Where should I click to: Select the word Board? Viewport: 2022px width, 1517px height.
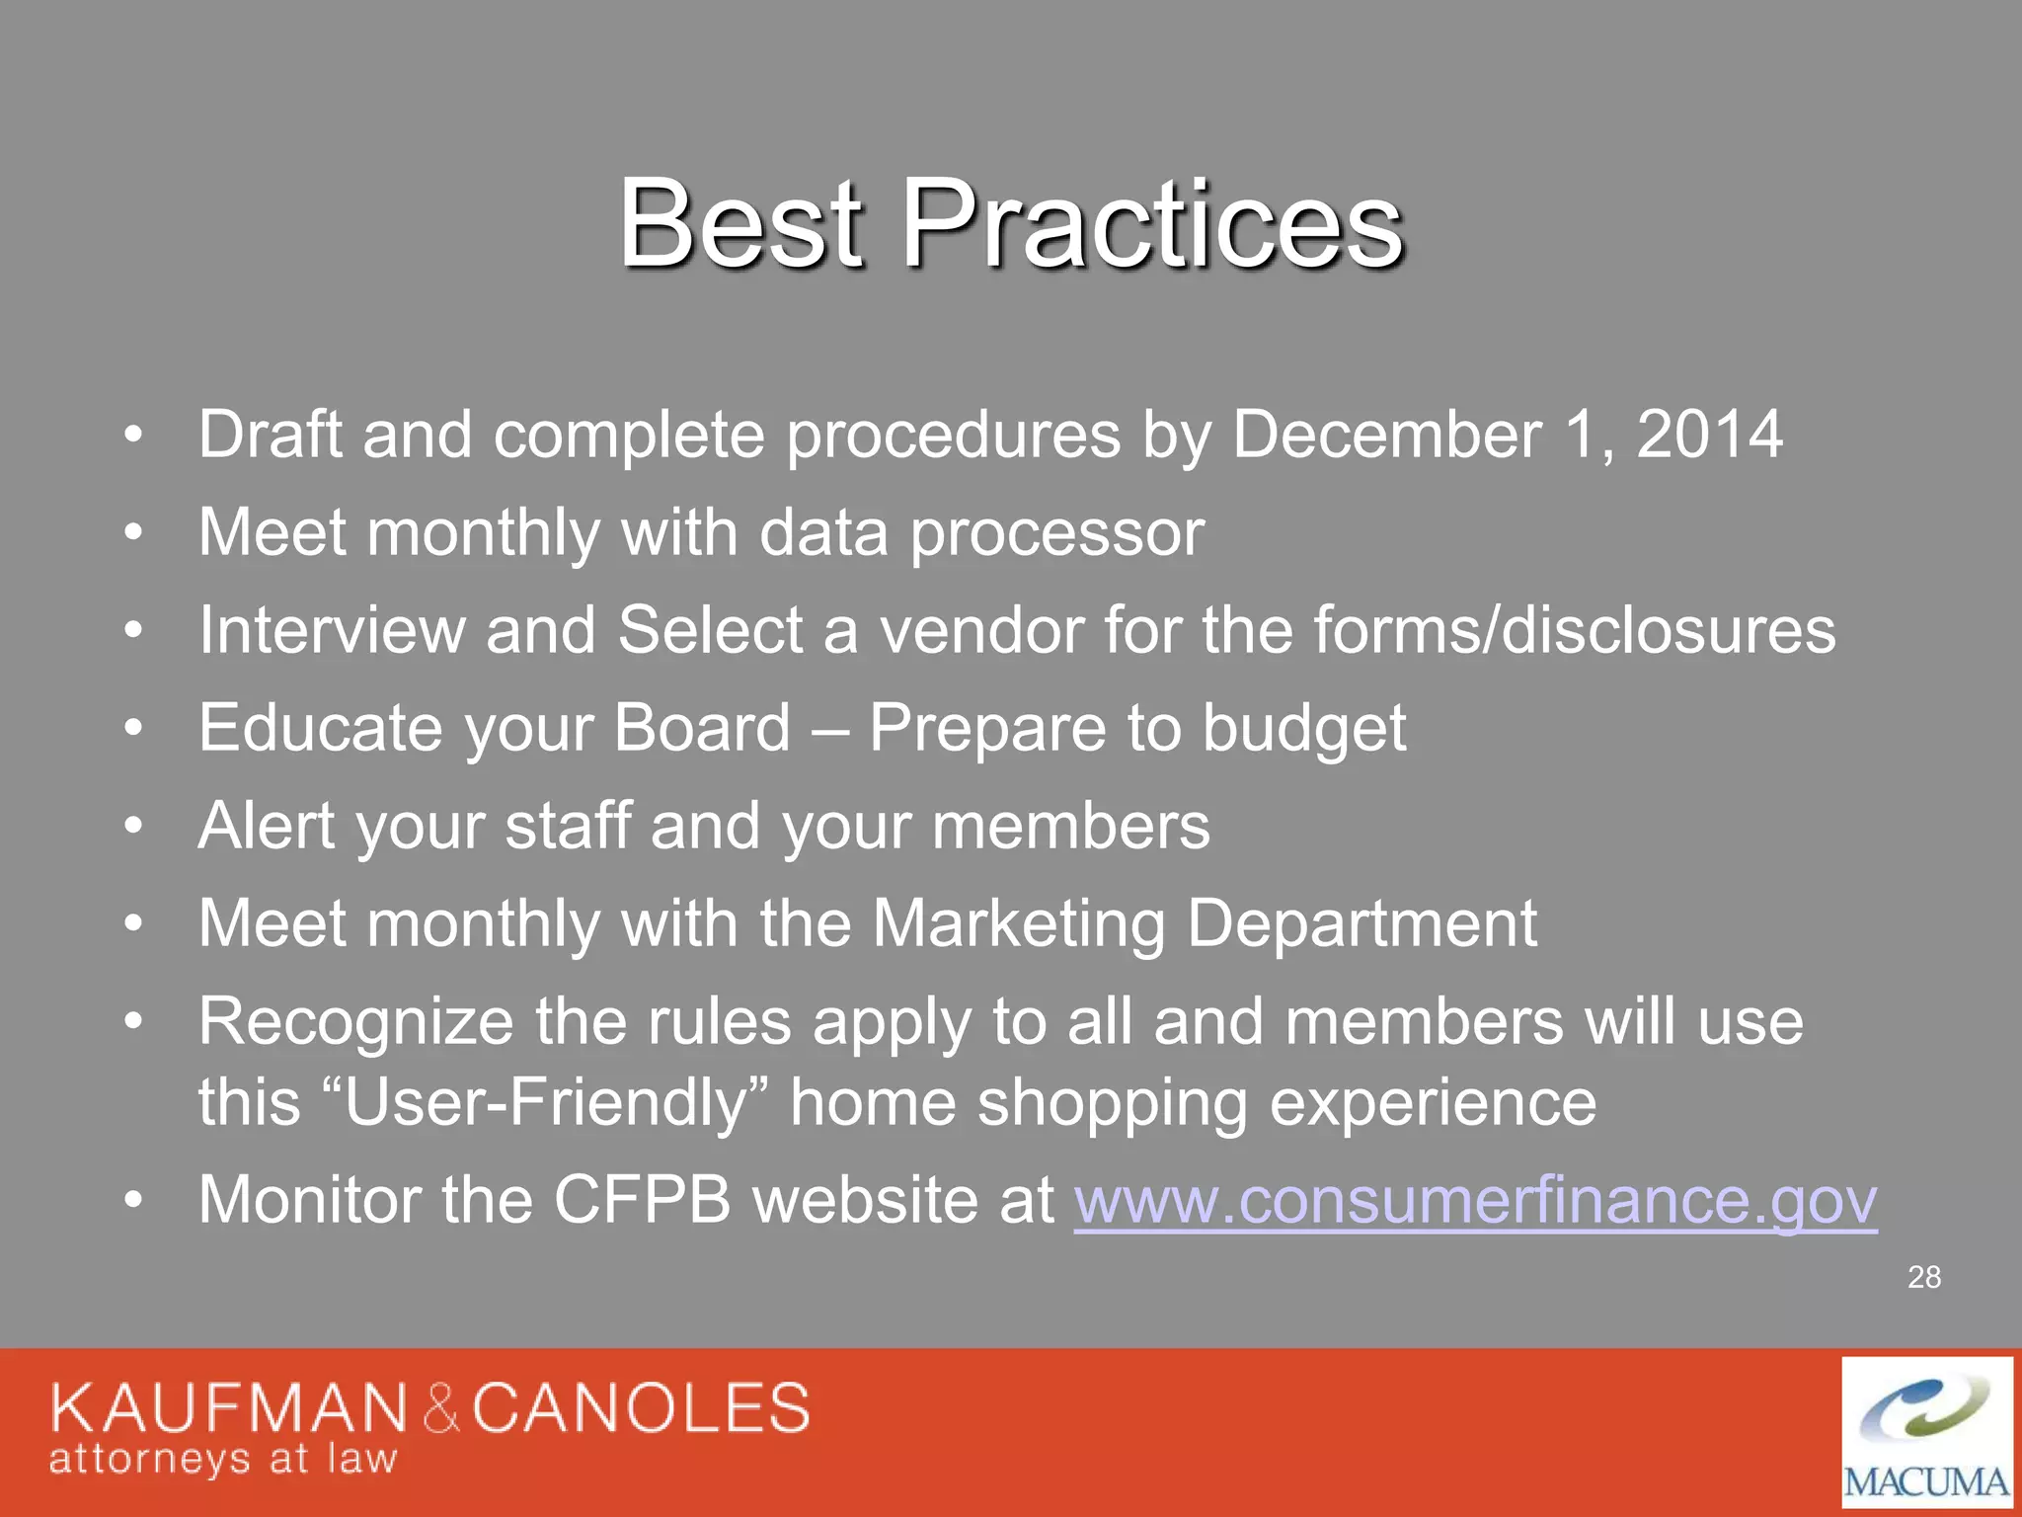pyautogui.click(x=702, y=728)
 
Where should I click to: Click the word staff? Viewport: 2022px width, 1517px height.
pyautogui.click(x=568, y=826)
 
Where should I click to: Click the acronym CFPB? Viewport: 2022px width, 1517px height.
pyautogui.click(x=642, y=1200)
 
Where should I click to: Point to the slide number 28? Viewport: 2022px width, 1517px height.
pyautogui.click(x=1923, y=1277)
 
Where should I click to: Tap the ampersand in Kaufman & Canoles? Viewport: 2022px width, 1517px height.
pyautogui.click(x=441, y=1409)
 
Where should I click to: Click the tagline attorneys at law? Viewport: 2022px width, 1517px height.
pyautogui.click(x=223, y=1460)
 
